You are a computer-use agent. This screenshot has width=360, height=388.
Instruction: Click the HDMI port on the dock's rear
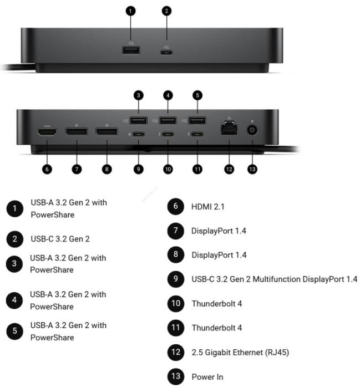[x=47, y=132]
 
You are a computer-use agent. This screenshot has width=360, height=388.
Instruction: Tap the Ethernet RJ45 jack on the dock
[x=229, y=127]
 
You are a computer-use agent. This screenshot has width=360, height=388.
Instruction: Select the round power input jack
[x=252, y=130]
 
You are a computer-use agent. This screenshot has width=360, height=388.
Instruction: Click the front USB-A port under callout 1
[x=131, y=50]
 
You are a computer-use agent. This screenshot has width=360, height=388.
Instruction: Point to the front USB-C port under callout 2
[x=166, y=52]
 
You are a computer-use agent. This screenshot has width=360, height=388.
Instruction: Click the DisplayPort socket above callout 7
[x=77, y=131]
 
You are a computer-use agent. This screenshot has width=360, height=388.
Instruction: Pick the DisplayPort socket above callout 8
[x=107, y=131]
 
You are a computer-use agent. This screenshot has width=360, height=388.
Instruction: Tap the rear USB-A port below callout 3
[x=139, y=121]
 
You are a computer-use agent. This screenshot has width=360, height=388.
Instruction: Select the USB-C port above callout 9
[x=139, y=134]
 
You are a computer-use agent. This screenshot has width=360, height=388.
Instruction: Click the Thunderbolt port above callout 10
[x=168, y=134]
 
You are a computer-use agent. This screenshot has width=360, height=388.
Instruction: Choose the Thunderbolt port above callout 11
[x=197, y=134]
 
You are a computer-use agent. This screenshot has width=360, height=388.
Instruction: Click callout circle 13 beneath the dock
[x=252, y=169]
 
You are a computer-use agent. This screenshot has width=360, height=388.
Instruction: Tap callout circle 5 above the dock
[x=197, y=95]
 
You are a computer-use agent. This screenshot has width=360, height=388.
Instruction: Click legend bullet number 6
[x=175, y=206]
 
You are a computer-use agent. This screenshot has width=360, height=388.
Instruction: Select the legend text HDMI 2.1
[x=207, y=207]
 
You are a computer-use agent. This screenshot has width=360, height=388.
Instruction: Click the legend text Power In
[x=207, y=376]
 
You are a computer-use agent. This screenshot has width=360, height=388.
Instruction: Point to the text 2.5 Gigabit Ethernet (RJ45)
[x=240, y=353]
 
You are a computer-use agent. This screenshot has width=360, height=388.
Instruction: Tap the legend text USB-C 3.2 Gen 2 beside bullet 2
[x=60, y=239]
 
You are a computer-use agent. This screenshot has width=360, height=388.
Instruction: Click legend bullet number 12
[x=175, y=352]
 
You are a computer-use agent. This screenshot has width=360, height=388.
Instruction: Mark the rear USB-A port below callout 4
[x=168, y=121]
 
